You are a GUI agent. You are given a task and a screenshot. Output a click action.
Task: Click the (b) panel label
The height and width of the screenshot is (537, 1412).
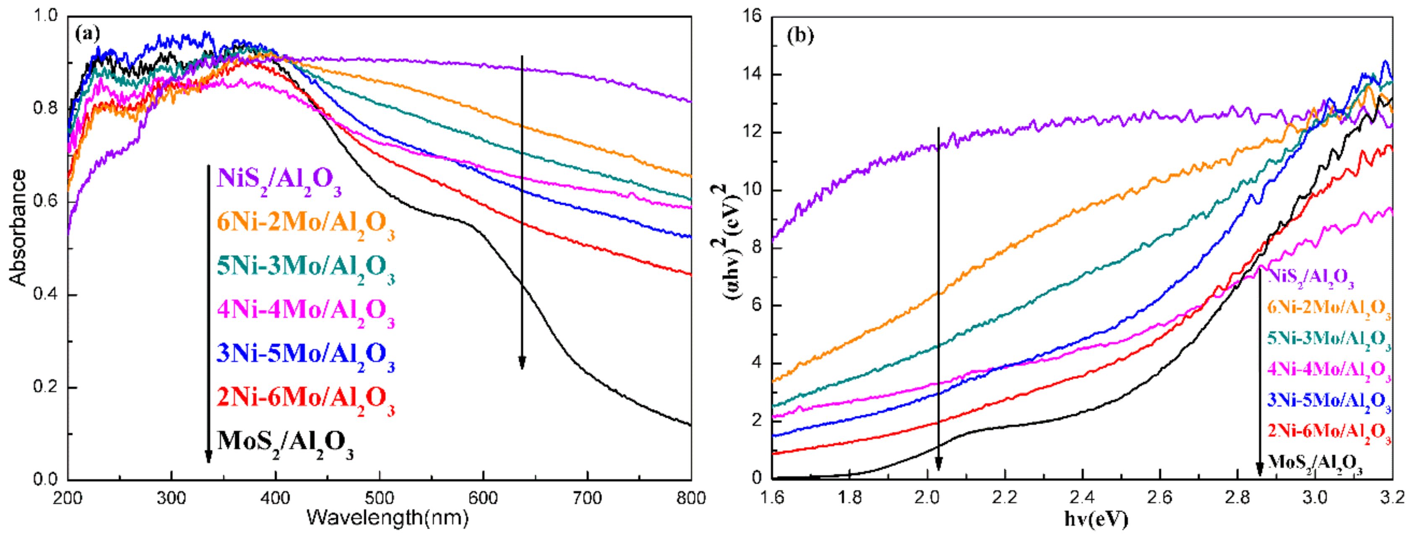pos(800,36)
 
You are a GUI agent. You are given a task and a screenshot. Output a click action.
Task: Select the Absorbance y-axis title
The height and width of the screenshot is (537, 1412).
pos(18,227)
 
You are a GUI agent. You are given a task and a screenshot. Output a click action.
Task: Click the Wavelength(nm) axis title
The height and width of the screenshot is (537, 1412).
pos(387,517)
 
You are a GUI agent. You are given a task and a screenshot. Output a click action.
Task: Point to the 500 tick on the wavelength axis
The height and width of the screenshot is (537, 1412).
pos(379,498)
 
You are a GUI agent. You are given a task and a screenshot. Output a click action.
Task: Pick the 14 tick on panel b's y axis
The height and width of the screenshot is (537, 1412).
pos(753,75)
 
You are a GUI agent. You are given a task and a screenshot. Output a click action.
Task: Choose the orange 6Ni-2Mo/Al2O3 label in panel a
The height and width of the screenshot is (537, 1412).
pos(305,223)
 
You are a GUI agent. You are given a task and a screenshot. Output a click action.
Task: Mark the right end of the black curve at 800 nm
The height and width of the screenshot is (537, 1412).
pos(690,425)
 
